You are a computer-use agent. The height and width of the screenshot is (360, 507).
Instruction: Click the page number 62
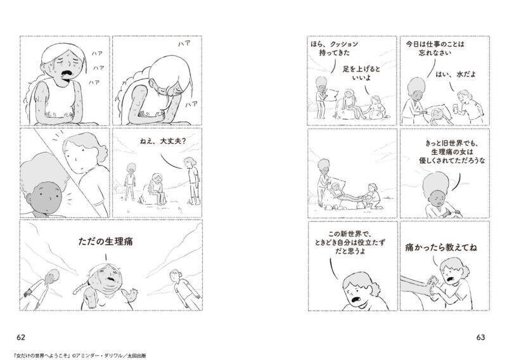21,337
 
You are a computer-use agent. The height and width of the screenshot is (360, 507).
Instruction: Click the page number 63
480,337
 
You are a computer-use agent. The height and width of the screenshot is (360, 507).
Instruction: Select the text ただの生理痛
105,241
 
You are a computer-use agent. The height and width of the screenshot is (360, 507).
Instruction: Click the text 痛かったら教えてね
440,248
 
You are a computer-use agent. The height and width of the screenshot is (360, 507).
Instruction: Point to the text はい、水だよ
456,74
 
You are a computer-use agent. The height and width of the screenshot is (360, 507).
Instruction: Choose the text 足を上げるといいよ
361,74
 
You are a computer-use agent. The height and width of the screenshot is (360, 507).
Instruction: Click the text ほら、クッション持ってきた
335,48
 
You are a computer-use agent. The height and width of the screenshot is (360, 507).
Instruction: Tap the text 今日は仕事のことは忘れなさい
435,48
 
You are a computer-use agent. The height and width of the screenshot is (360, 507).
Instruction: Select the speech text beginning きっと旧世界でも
452,151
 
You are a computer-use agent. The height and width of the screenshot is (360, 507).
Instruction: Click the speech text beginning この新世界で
350,242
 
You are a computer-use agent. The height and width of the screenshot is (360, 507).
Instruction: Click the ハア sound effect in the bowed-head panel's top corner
184,44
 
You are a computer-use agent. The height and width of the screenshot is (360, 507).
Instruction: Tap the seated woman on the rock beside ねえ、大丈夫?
157,189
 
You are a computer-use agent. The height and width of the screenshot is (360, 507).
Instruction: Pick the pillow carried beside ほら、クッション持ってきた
332,96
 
